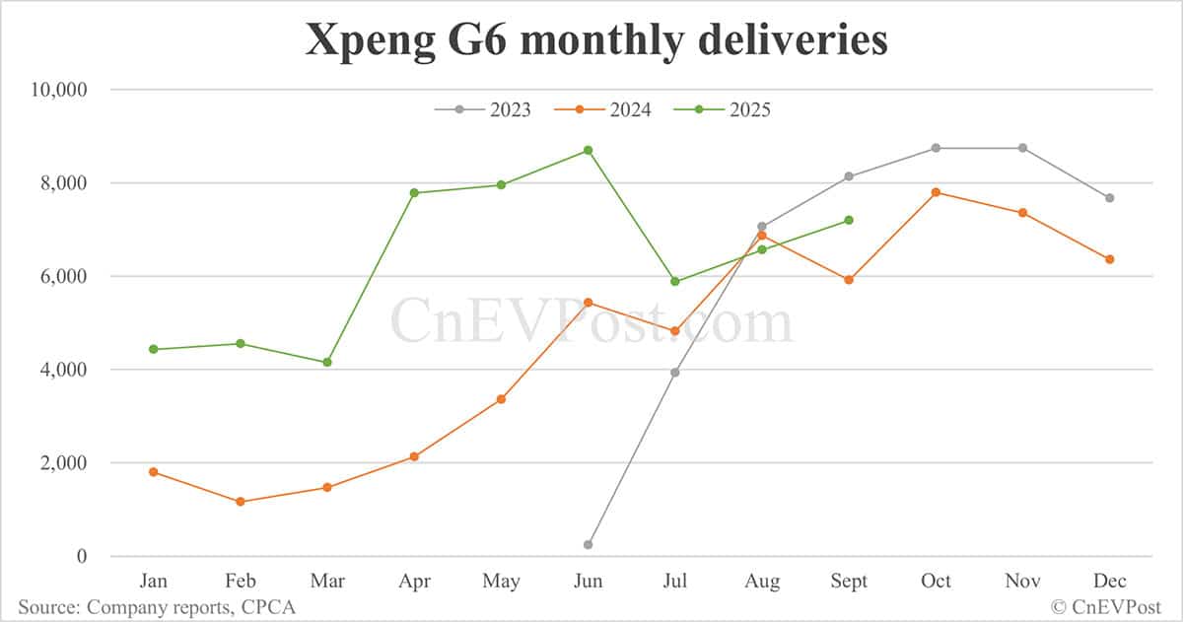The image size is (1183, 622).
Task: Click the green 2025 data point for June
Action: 588,150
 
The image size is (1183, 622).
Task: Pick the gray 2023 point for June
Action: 588,544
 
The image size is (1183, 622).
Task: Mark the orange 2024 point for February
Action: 241,502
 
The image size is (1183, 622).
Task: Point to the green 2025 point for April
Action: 414,193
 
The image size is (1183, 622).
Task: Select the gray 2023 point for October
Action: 936,148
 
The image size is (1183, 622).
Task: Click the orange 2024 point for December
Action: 1109,259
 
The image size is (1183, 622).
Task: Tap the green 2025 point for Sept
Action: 849,220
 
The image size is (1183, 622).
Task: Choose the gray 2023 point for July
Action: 674,373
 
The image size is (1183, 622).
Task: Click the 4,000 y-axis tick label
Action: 65,370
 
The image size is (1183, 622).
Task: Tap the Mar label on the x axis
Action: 327,582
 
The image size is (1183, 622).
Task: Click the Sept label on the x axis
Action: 849,582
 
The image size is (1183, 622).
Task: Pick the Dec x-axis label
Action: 1109,582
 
